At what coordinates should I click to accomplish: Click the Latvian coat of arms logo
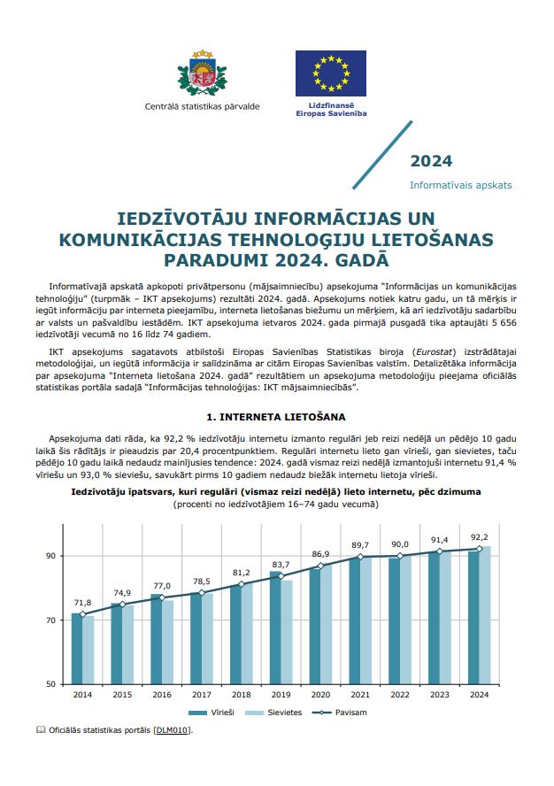click(203, 74)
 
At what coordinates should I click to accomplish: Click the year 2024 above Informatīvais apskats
click(431, 161)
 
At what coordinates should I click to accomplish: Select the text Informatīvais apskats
click(460, 186)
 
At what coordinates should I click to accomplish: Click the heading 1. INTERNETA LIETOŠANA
click(276, 416)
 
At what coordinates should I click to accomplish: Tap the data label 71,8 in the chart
click(81, 602)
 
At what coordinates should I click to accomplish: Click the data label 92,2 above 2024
click(479, 536)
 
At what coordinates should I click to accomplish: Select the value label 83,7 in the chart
click(281, 564)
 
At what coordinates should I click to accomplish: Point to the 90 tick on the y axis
click(51, 556)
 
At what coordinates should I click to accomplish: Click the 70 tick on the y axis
click(51, 620)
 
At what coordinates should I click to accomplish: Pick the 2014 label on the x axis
click(82, 695)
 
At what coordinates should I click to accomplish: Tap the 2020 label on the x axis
click(320, 695)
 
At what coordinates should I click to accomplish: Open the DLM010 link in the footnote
click(172, 730)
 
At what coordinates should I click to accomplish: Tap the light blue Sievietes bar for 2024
click(485, 615)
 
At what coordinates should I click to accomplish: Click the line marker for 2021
click(360, 557)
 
